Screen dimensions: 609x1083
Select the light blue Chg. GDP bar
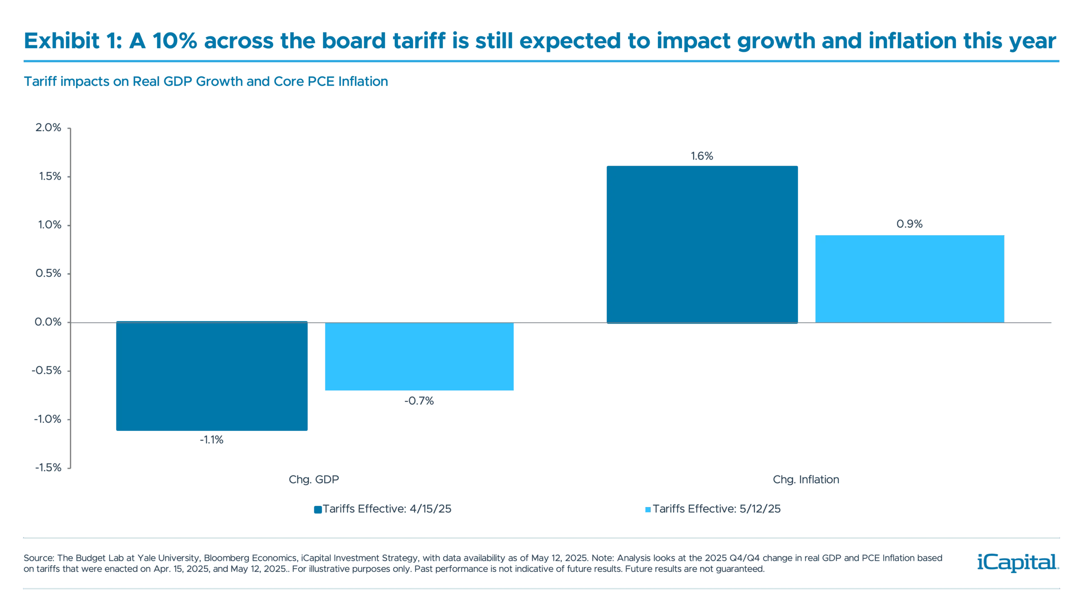[419, 357]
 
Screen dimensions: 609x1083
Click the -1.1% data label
[212, 441]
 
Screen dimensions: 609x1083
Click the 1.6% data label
[702, 157]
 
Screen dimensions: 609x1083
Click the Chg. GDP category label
[314, 480]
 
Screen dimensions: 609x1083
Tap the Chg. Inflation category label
[805, 480]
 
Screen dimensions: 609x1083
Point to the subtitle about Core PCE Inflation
[206, 82]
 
